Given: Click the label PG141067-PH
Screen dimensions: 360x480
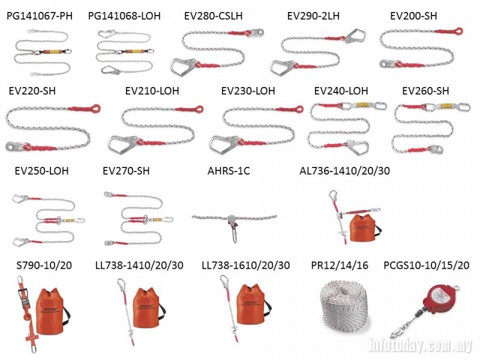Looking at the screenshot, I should (x=40, y=16).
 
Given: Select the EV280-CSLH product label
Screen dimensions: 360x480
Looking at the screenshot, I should (x=214, y=16).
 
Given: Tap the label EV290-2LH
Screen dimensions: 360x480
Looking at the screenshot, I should (x=313, y=16).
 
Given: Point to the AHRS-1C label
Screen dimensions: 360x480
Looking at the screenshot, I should (x=229, y=171).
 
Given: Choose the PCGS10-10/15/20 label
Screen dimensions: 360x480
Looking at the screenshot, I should (x=427, y=265).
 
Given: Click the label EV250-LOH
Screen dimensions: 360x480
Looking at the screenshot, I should (x=41, y=171).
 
